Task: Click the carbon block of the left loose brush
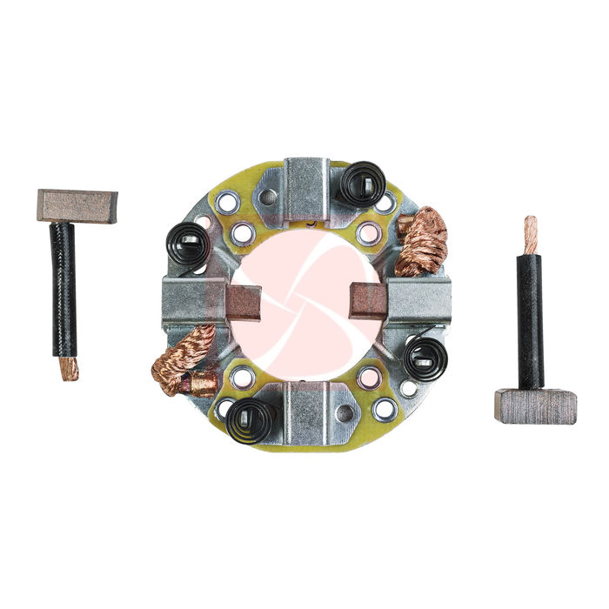pos(77,205)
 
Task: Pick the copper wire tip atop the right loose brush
pos(530,235)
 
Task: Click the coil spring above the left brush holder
pos(188,244)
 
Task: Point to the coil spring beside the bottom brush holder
pos(251,420)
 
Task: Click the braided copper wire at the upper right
pos(423,241)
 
